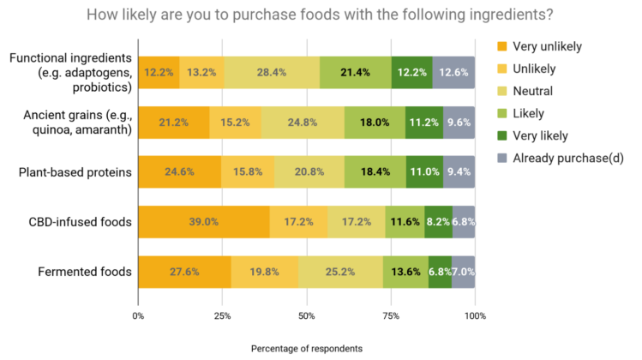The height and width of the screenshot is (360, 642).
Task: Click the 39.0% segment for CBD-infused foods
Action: coord(203,222)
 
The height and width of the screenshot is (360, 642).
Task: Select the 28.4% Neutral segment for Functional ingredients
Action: coord(272,72)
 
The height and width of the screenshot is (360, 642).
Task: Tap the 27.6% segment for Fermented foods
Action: coord(183,272)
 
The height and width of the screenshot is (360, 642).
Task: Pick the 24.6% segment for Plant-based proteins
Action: coord(178,172)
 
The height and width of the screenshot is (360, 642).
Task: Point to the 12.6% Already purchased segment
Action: coord(453,72)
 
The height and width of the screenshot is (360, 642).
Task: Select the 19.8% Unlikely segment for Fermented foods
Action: coord(264,272)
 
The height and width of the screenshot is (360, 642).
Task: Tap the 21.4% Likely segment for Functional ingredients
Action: coord(356,72)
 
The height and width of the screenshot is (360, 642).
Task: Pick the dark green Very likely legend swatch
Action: coord(504,135)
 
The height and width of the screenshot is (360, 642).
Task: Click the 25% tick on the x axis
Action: coord(222,316)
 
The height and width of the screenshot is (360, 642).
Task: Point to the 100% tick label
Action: coord(475,316)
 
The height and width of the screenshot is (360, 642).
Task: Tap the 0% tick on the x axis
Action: coord(138,316)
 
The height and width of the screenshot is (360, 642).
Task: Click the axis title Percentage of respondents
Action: coord(306,349)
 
